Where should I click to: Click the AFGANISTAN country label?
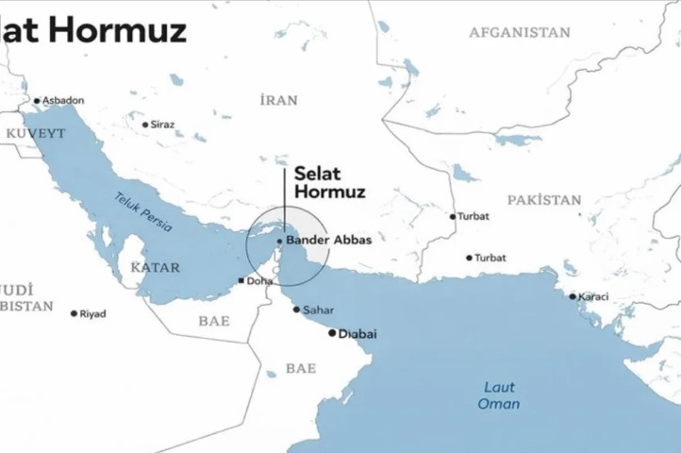click(520, 32)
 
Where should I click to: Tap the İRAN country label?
click(278, 100)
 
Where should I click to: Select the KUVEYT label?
click(36, 134)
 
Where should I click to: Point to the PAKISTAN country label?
click(544, 200)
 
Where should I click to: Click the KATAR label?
click(155, 267)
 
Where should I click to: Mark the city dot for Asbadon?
click(37, 101)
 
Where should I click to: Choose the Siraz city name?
click(162, 124)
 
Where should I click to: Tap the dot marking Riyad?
click(74, 313)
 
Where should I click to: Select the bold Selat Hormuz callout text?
click(329, 182)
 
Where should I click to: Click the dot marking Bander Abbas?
click(279, 241)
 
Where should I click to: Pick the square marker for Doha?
click(242, 281)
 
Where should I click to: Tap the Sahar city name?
click(319, 310)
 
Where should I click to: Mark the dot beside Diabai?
click(331, 332)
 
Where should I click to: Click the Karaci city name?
click(593, 296)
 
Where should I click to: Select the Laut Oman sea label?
click(499, 395)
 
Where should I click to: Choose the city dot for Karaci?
click(572, 296)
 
